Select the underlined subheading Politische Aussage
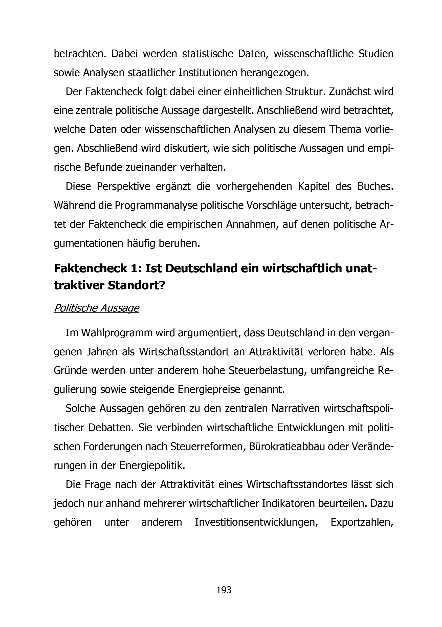pos(96,308)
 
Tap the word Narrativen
pos(296,409)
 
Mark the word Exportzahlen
pos(362,522)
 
